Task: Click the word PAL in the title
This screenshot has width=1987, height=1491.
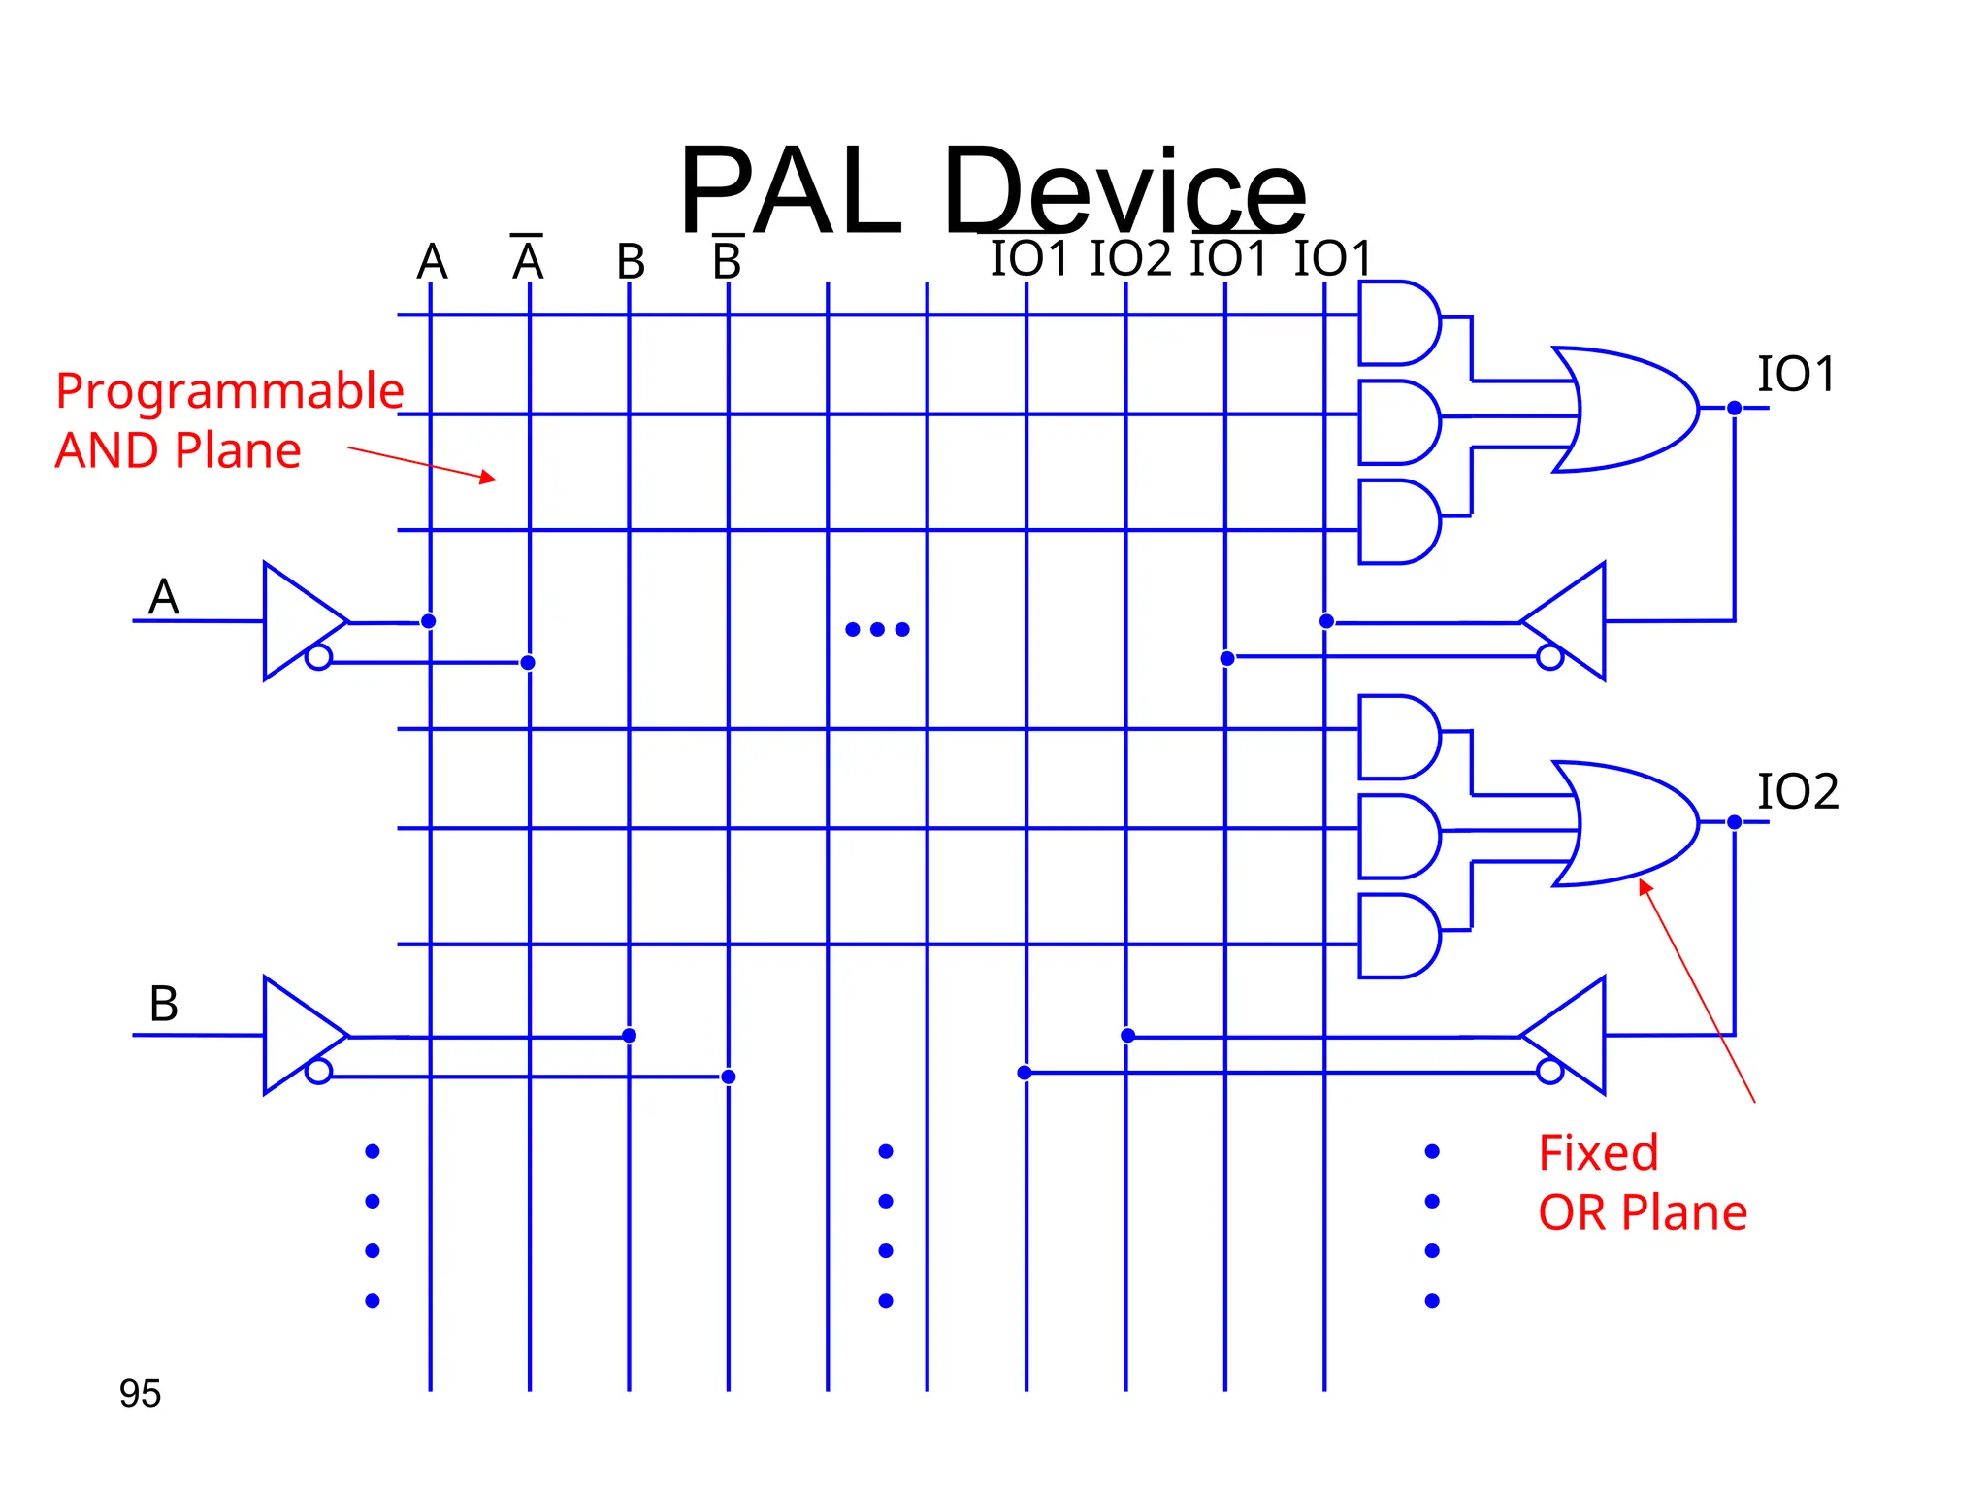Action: click(x=791, y=191)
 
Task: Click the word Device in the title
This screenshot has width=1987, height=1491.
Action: click(x=1125, y=191)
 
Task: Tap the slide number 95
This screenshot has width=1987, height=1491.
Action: click(x=140, y=1393)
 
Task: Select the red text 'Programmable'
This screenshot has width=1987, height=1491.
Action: click(x=229, y=391)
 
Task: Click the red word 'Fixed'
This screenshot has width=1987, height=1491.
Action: click(x=1598, y=1153)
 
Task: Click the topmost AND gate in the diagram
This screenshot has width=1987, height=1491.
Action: click(x=1397, y=323)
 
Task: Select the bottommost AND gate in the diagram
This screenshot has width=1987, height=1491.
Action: click(x=1397, y=936)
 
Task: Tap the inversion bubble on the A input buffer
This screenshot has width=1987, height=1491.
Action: click(x=318, y=658)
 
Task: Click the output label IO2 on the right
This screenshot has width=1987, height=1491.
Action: click(x=1797, y=791)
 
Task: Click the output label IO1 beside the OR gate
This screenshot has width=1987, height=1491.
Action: click(x=1796, y=375)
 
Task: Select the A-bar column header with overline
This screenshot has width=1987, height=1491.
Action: click(x=528, y=260)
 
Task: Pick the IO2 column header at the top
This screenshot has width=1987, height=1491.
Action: click(x=1130, y=259)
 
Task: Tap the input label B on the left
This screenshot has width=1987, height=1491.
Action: click(x=163, y=1004)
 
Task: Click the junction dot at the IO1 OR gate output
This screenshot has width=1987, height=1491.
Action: click(x=1734, y=409)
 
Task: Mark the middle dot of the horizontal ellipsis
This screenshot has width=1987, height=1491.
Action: click(x=877, y=629)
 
